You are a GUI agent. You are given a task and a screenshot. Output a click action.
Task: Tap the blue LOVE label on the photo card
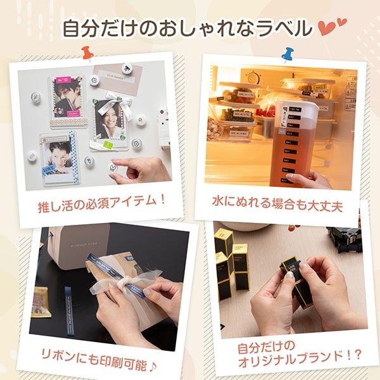[49, 169]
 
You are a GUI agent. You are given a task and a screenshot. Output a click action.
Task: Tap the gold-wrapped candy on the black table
[41, 297]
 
